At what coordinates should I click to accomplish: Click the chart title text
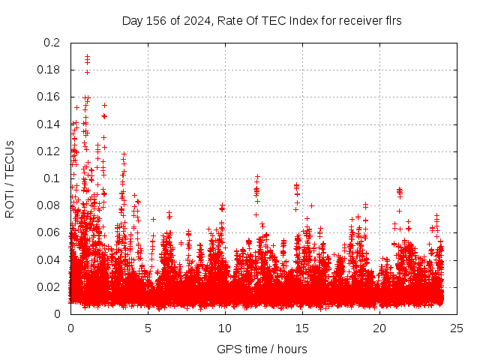(x=262, y=20)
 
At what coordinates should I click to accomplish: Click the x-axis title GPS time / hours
(x=262, y=349)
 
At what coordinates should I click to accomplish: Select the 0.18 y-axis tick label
(x=49, y=70)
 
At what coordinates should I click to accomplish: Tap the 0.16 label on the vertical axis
(x=49, y=97)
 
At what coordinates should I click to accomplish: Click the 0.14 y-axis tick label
(x=49, y=124)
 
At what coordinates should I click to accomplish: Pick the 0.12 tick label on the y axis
(x=49, y=151)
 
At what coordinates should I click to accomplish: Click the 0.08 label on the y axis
(x=49, y=205)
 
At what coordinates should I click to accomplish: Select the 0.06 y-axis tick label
(x=49, y=232)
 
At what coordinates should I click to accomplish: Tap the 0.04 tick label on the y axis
(x=49, y=259)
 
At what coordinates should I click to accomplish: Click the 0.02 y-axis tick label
(x=49, y=286)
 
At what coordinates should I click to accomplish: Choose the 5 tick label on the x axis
(x=148, y=328)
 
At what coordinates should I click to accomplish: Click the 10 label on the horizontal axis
(x=225, y=328)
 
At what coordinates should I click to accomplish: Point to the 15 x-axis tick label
(x=302, y=328)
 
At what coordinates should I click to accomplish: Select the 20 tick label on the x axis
(x=379, y=328)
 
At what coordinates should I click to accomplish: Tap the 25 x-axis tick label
(x=457, y=328)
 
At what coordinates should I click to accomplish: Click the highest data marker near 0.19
(x=87, y=56)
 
